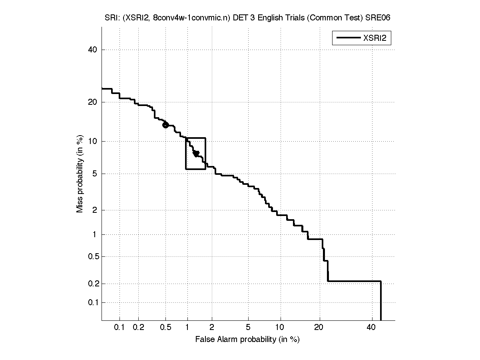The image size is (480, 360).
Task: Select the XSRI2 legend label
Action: coord(377,38)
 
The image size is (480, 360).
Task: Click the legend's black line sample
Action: coord(348,38)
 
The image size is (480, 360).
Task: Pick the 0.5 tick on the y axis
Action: coord(92,256)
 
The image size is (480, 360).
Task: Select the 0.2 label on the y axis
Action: coord(92,284)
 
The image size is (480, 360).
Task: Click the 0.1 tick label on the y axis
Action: coord(92,302)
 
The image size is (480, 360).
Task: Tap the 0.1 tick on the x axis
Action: coord(120,328)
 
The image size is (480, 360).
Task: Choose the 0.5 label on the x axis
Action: coord(165,328)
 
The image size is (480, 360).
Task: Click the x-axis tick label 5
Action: coord(248,328)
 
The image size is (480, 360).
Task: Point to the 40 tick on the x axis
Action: coord(371,328)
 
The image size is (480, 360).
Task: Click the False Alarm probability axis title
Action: coord(247,340)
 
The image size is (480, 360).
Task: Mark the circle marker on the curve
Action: coord(165,125)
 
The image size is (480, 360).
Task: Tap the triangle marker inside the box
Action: coord(196,154)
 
